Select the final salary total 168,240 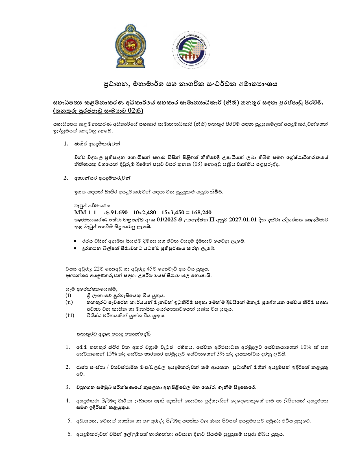coord(201,212)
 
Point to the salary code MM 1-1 coord(83,212)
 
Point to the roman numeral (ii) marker coord(69,302)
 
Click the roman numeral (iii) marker coord(70,315)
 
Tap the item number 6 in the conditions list coord(69,434)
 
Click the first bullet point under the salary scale coord(75,241)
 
